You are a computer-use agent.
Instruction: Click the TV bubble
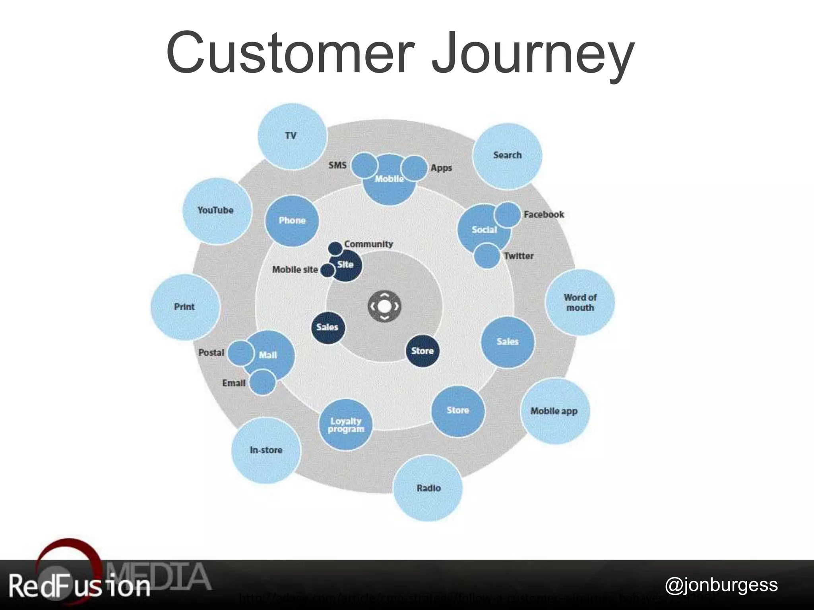tap(292, 136)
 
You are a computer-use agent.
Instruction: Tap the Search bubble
tap(507, 156)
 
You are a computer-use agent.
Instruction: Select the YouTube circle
tap(216, 210)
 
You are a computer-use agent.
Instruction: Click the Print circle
tap(185, 307)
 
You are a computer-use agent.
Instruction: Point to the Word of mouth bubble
tap(580, 303)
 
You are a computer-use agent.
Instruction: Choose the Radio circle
tap(428, 488)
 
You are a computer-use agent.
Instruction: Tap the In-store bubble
tap(266, 450)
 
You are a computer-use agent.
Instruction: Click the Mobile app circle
tap(554, 411)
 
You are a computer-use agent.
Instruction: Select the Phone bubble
tap(292, 221)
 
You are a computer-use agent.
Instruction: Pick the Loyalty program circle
tap(346, 425)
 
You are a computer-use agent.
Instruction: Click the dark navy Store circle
tap(423, 351)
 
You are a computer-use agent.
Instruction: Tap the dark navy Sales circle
tap(328, 327)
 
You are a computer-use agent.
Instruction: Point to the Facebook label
tap(544, 214)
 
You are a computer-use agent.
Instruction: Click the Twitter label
tap(519, 256)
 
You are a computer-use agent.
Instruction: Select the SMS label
tap(337, 165)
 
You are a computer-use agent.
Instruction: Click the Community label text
tap(368, 244)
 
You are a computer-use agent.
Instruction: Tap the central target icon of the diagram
tap(384, 306)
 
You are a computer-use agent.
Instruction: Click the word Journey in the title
tap(533, 54)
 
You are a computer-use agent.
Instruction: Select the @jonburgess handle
tap(721, 585)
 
